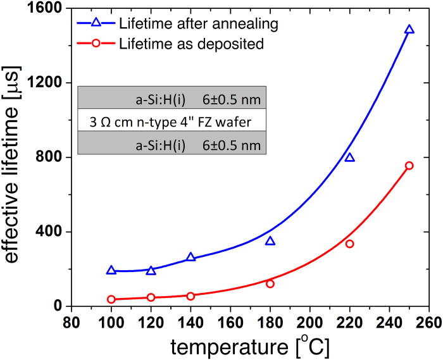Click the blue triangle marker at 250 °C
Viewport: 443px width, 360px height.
[409, 30]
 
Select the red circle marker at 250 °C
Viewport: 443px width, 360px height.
[409, 166]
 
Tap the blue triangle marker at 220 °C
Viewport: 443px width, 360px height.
[349, 158]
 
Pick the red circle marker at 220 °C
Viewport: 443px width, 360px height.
[349, 244]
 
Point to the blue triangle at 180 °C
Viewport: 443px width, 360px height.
[270, 241]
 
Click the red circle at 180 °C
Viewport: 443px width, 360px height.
[270, 283]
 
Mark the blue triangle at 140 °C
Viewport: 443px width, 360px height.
[191, 258]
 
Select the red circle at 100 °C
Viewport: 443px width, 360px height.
[111, 299]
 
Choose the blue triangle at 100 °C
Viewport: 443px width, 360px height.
[111, 270]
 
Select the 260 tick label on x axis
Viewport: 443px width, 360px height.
[428, 321]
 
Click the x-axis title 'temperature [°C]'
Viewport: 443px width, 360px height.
[251, 346]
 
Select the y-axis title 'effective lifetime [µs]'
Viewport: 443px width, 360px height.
[14, 158]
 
